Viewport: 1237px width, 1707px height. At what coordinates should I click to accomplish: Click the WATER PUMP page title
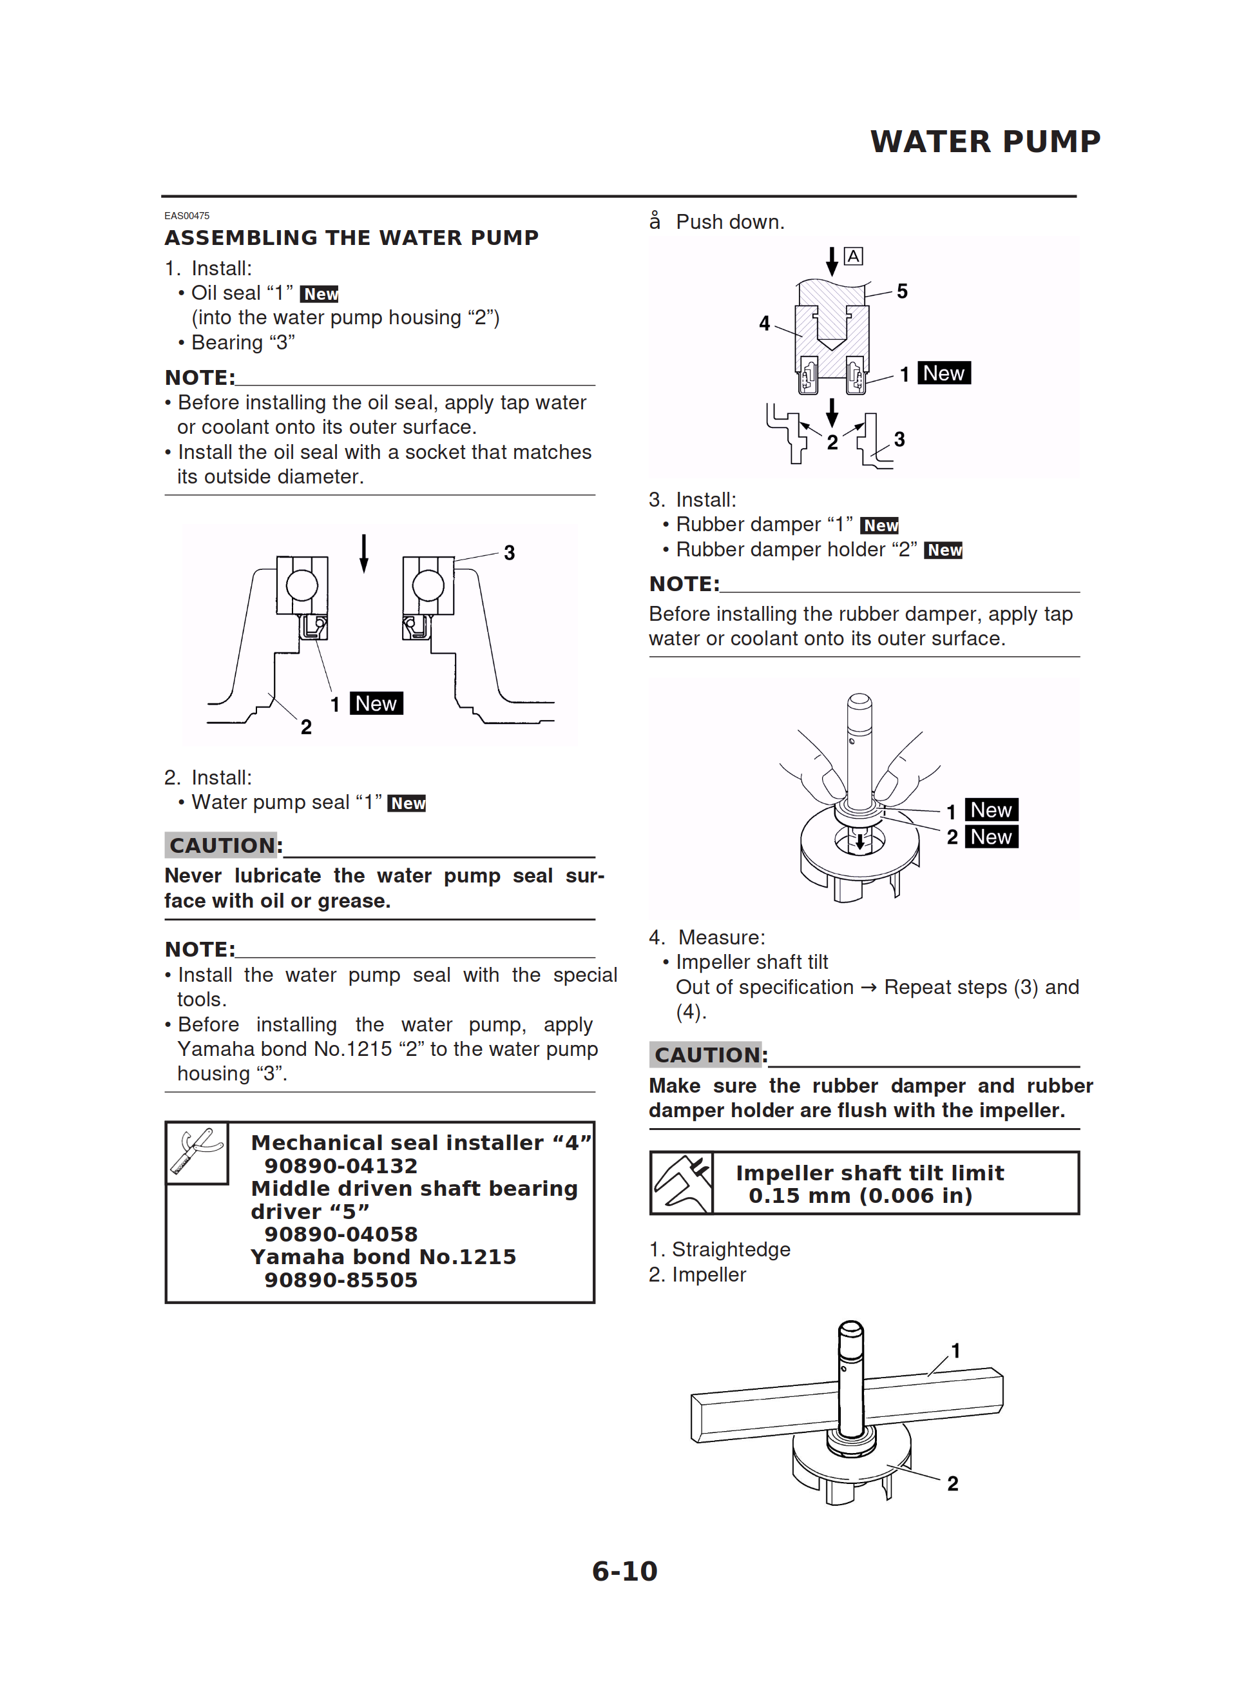click(984, 141)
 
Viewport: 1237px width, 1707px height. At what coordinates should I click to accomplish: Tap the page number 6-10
click(624, 1571)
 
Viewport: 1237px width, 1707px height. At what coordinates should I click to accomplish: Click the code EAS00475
click(187, 215)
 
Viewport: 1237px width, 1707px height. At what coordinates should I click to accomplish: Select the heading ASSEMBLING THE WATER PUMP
click(351, 238)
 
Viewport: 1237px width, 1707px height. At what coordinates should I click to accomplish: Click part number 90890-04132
click(340, 1166)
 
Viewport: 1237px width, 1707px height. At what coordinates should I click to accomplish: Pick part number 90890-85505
click(340, 1280)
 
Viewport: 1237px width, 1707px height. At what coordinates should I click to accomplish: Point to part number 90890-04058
click(340, 1234)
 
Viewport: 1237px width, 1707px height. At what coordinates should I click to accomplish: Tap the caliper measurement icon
click(682, 1183)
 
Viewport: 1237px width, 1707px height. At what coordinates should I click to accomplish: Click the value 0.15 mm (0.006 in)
click(859, 1196)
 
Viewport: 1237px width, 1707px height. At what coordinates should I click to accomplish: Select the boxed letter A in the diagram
click(852, 257)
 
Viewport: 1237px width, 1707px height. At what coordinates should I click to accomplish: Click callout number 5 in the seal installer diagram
click(901, 291)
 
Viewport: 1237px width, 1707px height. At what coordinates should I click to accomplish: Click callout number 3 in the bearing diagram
click(510, 553)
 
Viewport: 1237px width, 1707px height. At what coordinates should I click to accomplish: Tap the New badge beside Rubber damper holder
click(944, 550)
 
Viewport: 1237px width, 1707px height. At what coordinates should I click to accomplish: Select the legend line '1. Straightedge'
click(719, 1249)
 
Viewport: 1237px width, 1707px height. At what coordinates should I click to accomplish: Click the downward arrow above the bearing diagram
click(364, 552)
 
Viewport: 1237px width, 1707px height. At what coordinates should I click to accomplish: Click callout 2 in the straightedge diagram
click(953, 1483)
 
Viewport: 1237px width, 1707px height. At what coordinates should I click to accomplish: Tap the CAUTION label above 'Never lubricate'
click(223, 845)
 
